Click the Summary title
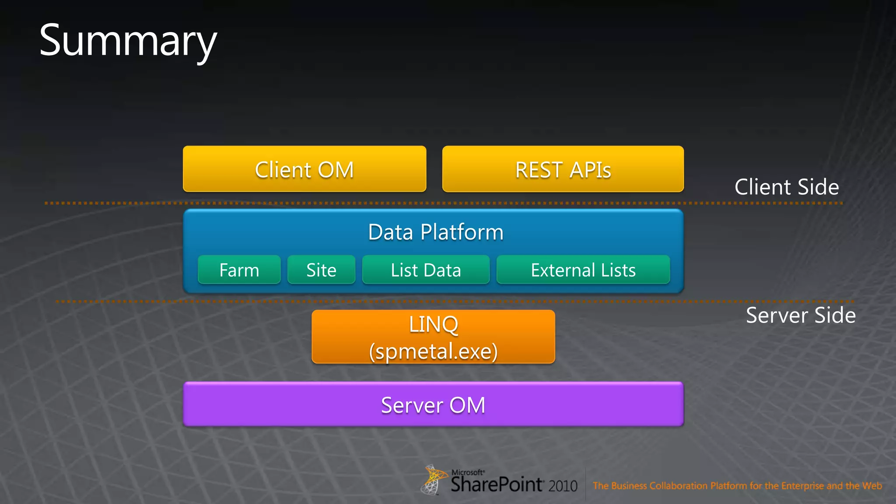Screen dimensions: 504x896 pos(128,41)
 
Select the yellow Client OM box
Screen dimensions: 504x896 pos(304,169)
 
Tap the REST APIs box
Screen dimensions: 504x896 pos(563,169)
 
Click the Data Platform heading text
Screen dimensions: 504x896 pos(436,232)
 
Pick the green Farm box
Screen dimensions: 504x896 pos(239,270)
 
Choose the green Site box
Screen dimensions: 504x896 pos(321,270)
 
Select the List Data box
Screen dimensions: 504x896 pos(426,270)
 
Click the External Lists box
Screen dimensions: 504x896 pos(583,270)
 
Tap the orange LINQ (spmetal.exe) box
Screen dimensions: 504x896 pos(433,336)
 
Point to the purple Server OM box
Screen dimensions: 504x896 pos(433,405)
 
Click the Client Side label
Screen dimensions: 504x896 pos(787,187)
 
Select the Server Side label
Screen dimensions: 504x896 pos(801,315)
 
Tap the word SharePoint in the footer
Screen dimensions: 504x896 pos(497,484)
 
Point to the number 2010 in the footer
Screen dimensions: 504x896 pos(563,486)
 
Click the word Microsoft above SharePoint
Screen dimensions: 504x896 pos(468,472)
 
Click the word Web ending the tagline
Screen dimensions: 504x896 pos(872,486)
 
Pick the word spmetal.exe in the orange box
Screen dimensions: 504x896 pos(434,351)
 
